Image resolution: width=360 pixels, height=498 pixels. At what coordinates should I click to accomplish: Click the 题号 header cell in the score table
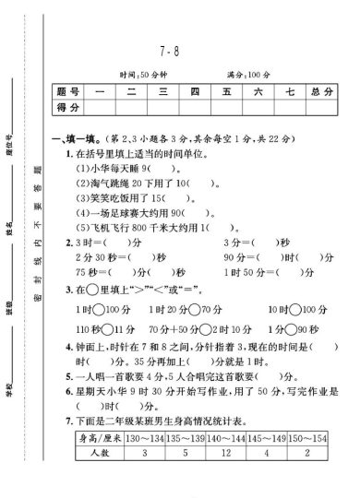(x=76, y=93)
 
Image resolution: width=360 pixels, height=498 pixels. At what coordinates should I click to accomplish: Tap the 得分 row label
(x=76, y=109)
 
